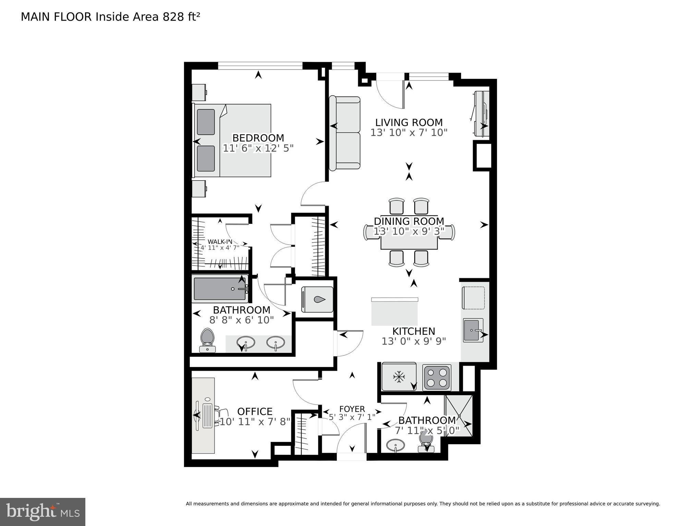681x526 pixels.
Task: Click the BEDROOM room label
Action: [258, 138]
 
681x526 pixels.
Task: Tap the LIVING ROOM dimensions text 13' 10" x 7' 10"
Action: [409, 133]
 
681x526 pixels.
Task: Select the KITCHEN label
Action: [413, 331]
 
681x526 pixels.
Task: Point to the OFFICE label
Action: [255, 412]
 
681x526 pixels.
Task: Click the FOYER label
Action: [352, 409]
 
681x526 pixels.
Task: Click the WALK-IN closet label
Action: [220, 242]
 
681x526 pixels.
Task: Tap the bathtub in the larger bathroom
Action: [219, 289]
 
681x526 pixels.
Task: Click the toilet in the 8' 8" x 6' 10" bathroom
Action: [207, 339]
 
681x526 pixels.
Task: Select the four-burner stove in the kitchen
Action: [437, 377]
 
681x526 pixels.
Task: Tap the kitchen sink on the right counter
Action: [473, 330]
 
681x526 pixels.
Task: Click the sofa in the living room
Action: [344, 133]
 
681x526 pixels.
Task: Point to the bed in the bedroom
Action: [233, 140]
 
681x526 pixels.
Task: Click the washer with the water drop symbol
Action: [317, 299]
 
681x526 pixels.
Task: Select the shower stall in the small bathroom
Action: [459, 416]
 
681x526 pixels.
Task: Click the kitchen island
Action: [394, 312]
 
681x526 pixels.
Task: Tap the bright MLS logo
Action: [42, 512]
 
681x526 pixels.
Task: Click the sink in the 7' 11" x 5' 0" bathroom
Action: [395, 446]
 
